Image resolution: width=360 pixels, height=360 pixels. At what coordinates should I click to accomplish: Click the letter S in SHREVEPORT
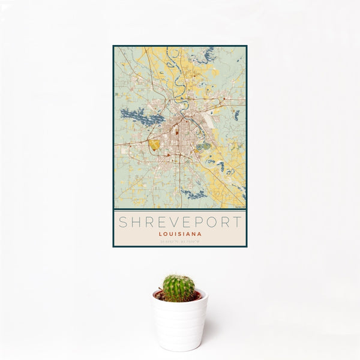123,222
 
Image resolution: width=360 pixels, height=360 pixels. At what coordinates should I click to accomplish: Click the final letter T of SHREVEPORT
238,222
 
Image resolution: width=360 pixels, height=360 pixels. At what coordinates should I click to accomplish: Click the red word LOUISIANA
180,234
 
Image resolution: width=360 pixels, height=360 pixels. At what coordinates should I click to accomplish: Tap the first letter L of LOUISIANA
160,234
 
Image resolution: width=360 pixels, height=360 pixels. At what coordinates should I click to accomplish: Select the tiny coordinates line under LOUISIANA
180,241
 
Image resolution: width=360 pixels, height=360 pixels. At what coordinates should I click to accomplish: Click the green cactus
178,288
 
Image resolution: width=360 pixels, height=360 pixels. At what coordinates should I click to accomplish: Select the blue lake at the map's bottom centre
194,194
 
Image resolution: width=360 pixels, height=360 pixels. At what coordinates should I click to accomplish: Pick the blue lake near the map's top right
207,56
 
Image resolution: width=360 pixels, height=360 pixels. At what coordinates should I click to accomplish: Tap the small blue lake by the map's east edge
236,114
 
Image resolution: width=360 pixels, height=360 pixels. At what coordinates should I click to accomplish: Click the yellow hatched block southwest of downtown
155,145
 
